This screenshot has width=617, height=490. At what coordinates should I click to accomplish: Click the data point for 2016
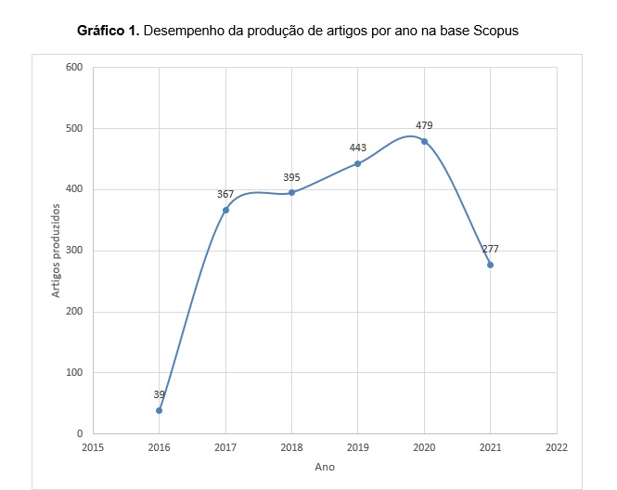pyautogui.click(x=159, y=410)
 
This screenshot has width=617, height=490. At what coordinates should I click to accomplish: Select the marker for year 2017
pyautogui.click(x=225, y=210)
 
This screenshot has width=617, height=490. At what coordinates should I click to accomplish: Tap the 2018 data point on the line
pyautogui.click(x=291, y=192)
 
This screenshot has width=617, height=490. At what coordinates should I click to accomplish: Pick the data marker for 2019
pyautogui.click(x=358, y=163)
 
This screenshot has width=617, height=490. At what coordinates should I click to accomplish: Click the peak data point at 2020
pyautogui.click(x=425, y=141)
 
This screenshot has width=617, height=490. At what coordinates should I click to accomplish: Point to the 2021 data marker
pyautogui.click(x=491, y=264)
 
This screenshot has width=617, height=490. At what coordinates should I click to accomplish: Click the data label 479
pyautogui.click(x=424, y=125)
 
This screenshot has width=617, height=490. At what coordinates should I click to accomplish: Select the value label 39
pyautogui.click(x=159, y=394)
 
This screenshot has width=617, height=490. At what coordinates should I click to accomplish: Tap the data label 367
pyautogui.click(x=225, y=194)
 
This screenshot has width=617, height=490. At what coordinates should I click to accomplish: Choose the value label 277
pyautogui.click(x=491, y=249)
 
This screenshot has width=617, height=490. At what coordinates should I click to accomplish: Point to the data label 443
pyautogui.click(x=358, y=148)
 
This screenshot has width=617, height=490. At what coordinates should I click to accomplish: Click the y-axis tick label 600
pyautogui.click(x=74, y=67)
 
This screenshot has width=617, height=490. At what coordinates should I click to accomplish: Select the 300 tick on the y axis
pyautogui.click(x=74, y=251)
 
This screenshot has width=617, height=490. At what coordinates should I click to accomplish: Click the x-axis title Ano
pyautogui.click(x=324, y=467)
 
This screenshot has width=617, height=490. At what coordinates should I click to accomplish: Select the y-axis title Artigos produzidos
pyautogui.click(x=56, y=251)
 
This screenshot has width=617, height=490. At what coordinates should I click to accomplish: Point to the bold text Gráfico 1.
pyautogui.click(x=109, y=31)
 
